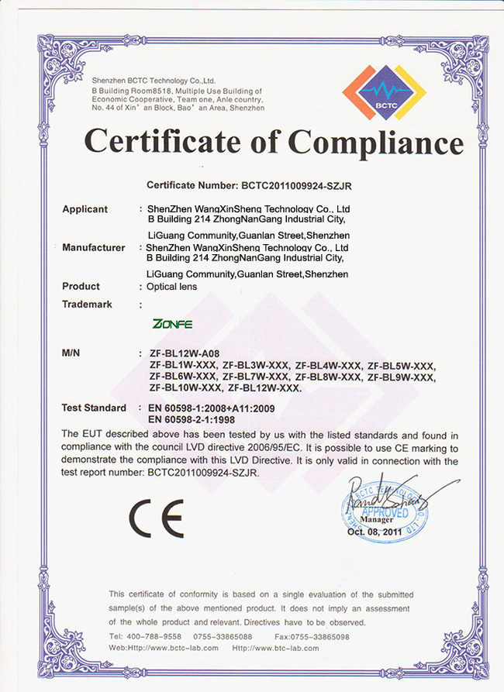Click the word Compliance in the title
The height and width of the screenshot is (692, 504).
point(376,143)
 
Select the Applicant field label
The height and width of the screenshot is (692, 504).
point(85,209)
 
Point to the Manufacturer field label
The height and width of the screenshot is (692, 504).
point(93,248)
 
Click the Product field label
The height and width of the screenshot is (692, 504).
point(81,287)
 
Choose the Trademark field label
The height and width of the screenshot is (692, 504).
point(87,305)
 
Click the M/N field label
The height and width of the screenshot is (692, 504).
point(71,353)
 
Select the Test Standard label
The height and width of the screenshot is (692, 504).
point(94,408)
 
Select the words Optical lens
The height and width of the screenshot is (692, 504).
point(172,287)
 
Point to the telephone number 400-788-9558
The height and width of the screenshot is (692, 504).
point(156,636)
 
